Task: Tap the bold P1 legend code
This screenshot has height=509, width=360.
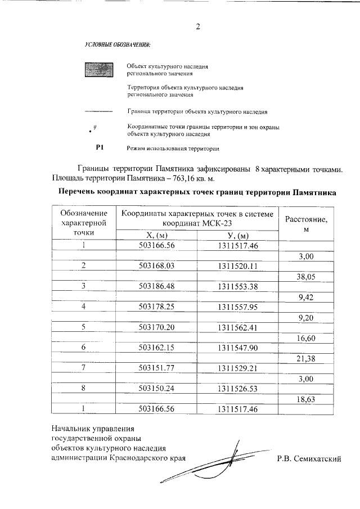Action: point(101,148)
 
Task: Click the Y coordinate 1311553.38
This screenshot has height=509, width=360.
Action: point(236,286)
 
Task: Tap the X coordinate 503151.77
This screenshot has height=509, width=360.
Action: point(157,368)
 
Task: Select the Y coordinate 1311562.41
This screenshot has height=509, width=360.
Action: point(236,327)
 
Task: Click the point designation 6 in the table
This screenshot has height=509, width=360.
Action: point(83,348)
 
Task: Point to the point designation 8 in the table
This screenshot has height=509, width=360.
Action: point(83,389)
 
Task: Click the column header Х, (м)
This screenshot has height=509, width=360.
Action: point(157,236)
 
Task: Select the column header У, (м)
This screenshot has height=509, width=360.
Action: point(236,236)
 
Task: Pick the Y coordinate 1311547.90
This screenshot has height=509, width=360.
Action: point(236,348)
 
